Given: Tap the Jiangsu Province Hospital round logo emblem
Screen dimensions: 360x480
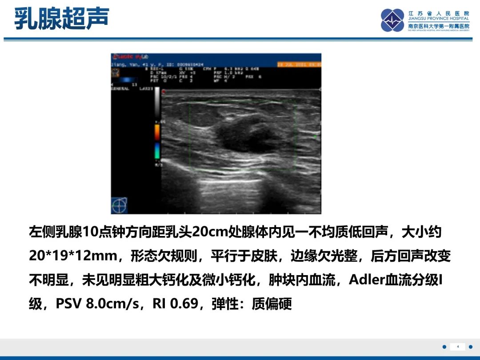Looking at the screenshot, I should pyautogui.click(x=392, y=20).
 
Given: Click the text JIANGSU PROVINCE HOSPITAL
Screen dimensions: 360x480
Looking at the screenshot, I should pyautogui.click(x=439, y=19).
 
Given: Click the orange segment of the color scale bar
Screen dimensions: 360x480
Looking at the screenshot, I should pyautogui.click(x=157, y=132).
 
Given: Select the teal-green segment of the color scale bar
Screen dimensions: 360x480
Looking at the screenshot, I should pyautogui.click(x=157, y=151).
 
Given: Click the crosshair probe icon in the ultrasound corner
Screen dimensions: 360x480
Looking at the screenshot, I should pyautogui.click(x=119, y=205).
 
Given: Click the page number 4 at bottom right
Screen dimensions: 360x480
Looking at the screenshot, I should pyautogui.click(x=457, y=347).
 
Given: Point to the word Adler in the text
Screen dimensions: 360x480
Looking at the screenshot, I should pyautogui.click(x=364, y=280).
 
